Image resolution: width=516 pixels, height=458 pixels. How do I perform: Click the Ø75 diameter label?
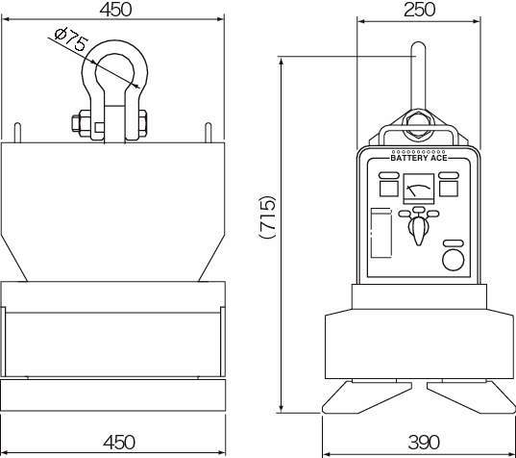click(x=71, y=39)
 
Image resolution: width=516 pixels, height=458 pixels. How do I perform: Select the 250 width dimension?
click(x=419, y=10)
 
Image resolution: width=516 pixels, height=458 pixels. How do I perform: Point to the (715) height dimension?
click(x=267, y=216)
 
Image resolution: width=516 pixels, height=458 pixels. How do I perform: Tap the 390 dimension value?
click(x=424, y=443)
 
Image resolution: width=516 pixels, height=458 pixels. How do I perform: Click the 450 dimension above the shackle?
click(x=115, y=10)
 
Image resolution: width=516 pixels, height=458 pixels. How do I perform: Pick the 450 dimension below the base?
click(x=119, y=443)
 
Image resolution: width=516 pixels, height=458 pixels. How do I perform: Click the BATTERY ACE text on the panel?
click(x=419, y=158)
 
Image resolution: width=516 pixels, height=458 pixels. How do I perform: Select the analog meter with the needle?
click(x=419, y=189)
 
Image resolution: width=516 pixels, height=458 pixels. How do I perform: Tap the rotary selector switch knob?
click(x=418, y=230)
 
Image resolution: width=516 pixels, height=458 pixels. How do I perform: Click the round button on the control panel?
click(x=454, y=260)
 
